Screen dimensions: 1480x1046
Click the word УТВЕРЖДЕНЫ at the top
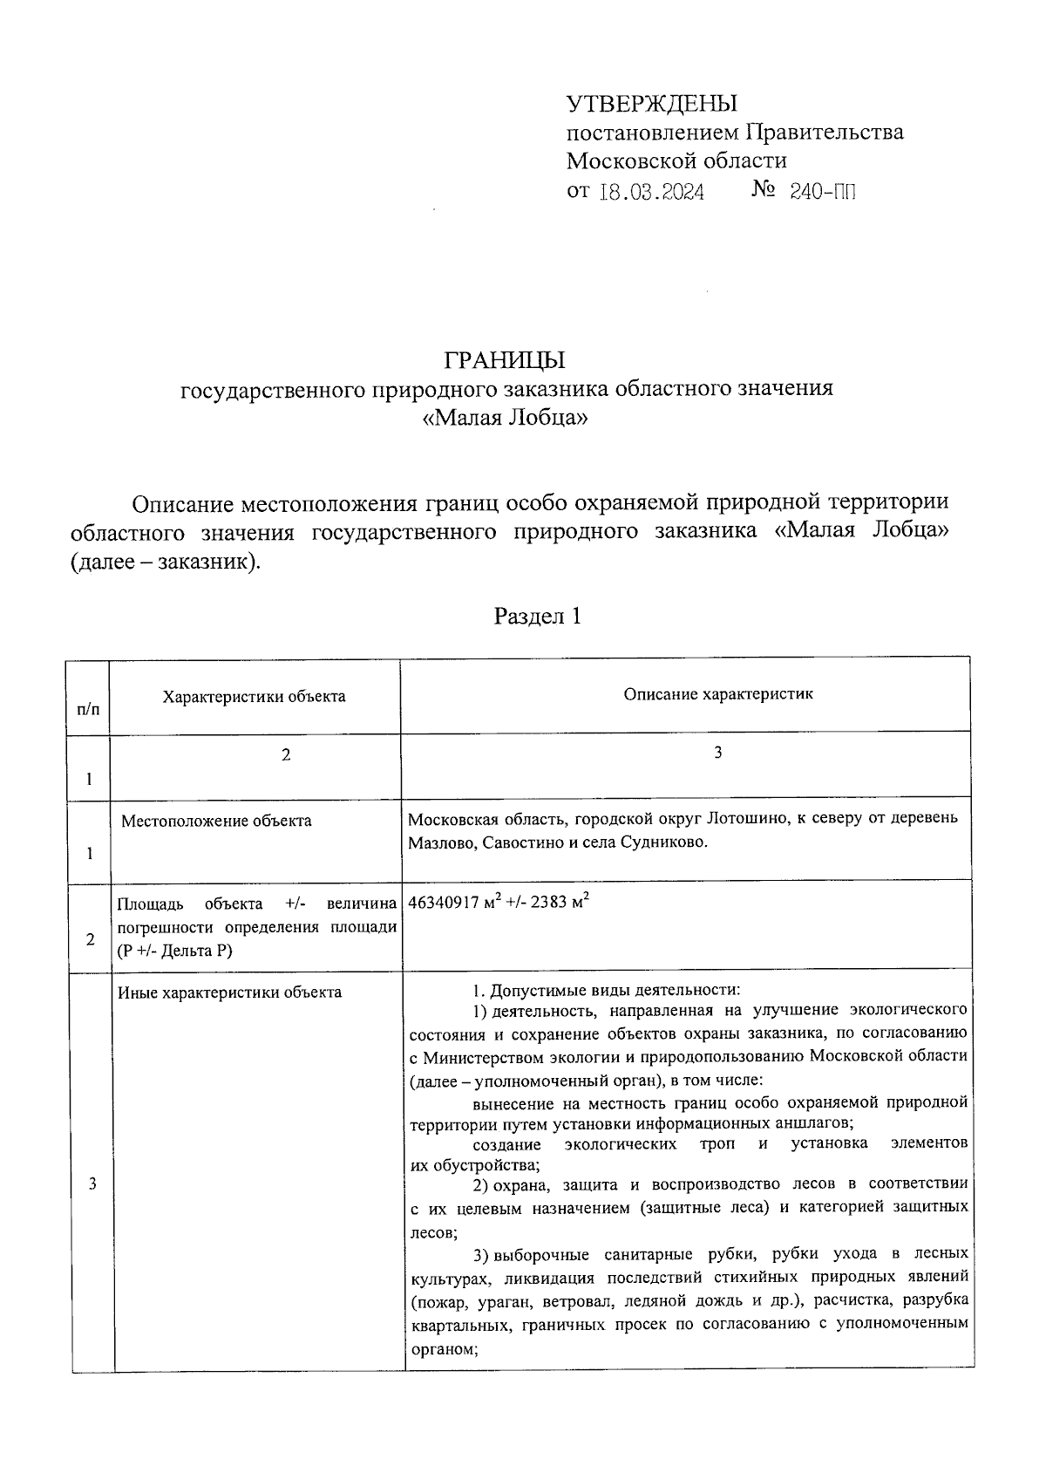click(x=652, y=104)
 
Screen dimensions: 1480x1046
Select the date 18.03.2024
click(x=652, y=191)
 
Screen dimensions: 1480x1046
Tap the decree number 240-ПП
click(x=822, y=191)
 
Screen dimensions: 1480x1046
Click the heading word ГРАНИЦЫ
click(x=506, y=359)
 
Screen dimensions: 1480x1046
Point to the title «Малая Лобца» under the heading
click(x=506, y=418)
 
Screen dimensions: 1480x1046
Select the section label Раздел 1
click(x=537, y=617)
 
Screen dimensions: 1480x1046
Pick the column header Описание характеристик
click(x=718, y=694)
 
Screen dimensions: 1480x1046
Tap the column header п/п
click(x=89, y=710)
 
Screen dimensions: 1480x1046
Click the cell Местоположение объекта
click(x=216, y=821)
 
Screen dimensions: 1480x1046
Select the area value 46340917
click(x=444, y=903)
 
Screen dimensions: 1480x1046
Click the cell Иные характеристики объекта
click(x=229, y=992)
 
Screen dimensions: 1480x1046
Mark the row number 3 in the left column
click(x=92, y=1183)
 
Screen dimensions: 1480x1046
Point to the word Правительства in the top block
click(x=824, y=133)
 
